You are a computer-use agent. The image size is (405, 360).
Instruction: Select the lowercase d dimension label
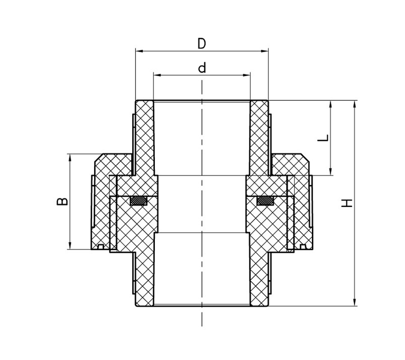coord(202,67)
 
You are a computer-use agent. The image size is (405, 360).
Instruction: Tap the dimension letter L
coord(323,138)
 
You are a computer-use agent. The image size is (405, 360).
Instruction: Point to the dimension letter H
coord(347,203)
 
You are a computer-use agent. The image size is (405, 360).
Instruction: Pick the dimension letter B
coord(62,201)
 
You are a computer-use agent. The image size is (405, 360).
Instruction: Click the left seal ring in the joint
coord(139,201)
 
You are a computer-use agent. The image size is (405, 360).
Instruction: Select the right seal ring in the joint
coord(265,201)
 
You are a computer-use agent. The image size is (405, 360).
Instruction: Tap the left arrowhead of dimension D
coord(139,51)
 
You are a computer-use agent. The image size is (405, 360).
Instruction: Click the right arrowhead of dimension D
coord(265,51)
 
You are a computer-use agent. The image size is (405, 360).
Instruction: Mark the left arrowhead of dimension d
coord(157,75)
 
